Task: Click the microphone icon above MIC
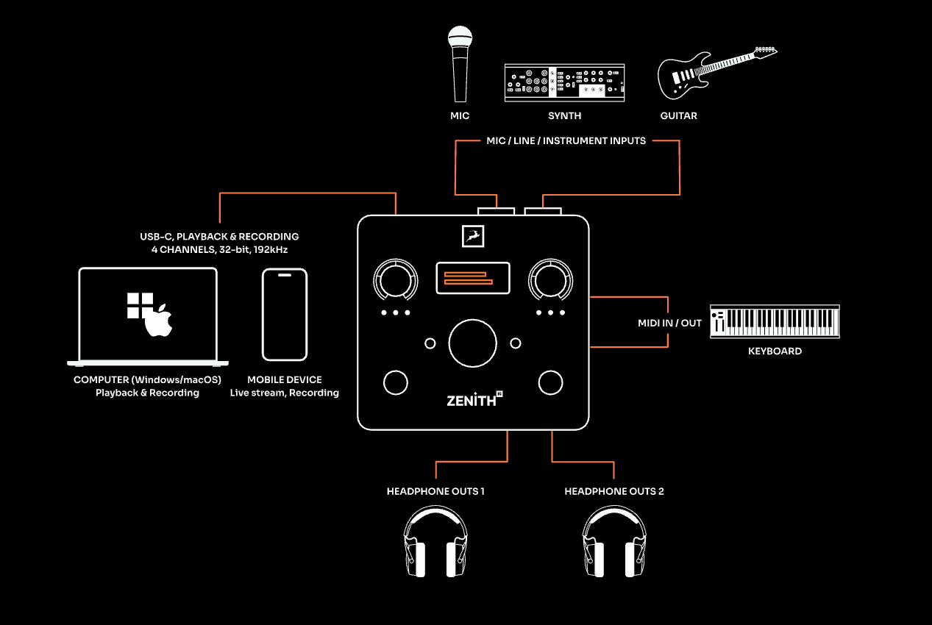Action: [x=460, y=64]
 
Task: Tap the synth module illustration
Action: [x=564, y=82]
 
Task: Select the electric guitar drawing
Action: [x=716, y=72]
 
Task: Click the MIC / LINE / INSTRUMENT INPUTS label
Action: [x=566, y=140]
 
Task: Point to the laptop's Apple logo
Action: [x=159, y=321]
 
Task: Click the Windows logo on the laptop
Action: [x=140, y=305]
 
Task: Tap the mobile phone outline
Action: [x=285, y=315]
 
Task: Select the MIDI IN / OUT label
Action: [x=669, y=323]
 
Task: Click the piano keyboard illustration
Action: [x=775, y=321]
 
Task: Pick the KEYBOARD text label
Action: [x=775, y=351]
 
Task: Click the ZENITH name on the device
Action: [x=470, y=401]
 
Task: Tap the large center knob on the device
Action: [x=473, y=343]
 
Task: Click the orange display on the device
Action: [x=473, y=278]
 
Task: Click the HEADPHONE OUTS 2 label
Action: [x=614, y=491]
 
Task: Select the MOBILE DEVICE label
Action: [x=285, y=380]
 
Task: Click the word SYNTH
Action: [x=564, y=115]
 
